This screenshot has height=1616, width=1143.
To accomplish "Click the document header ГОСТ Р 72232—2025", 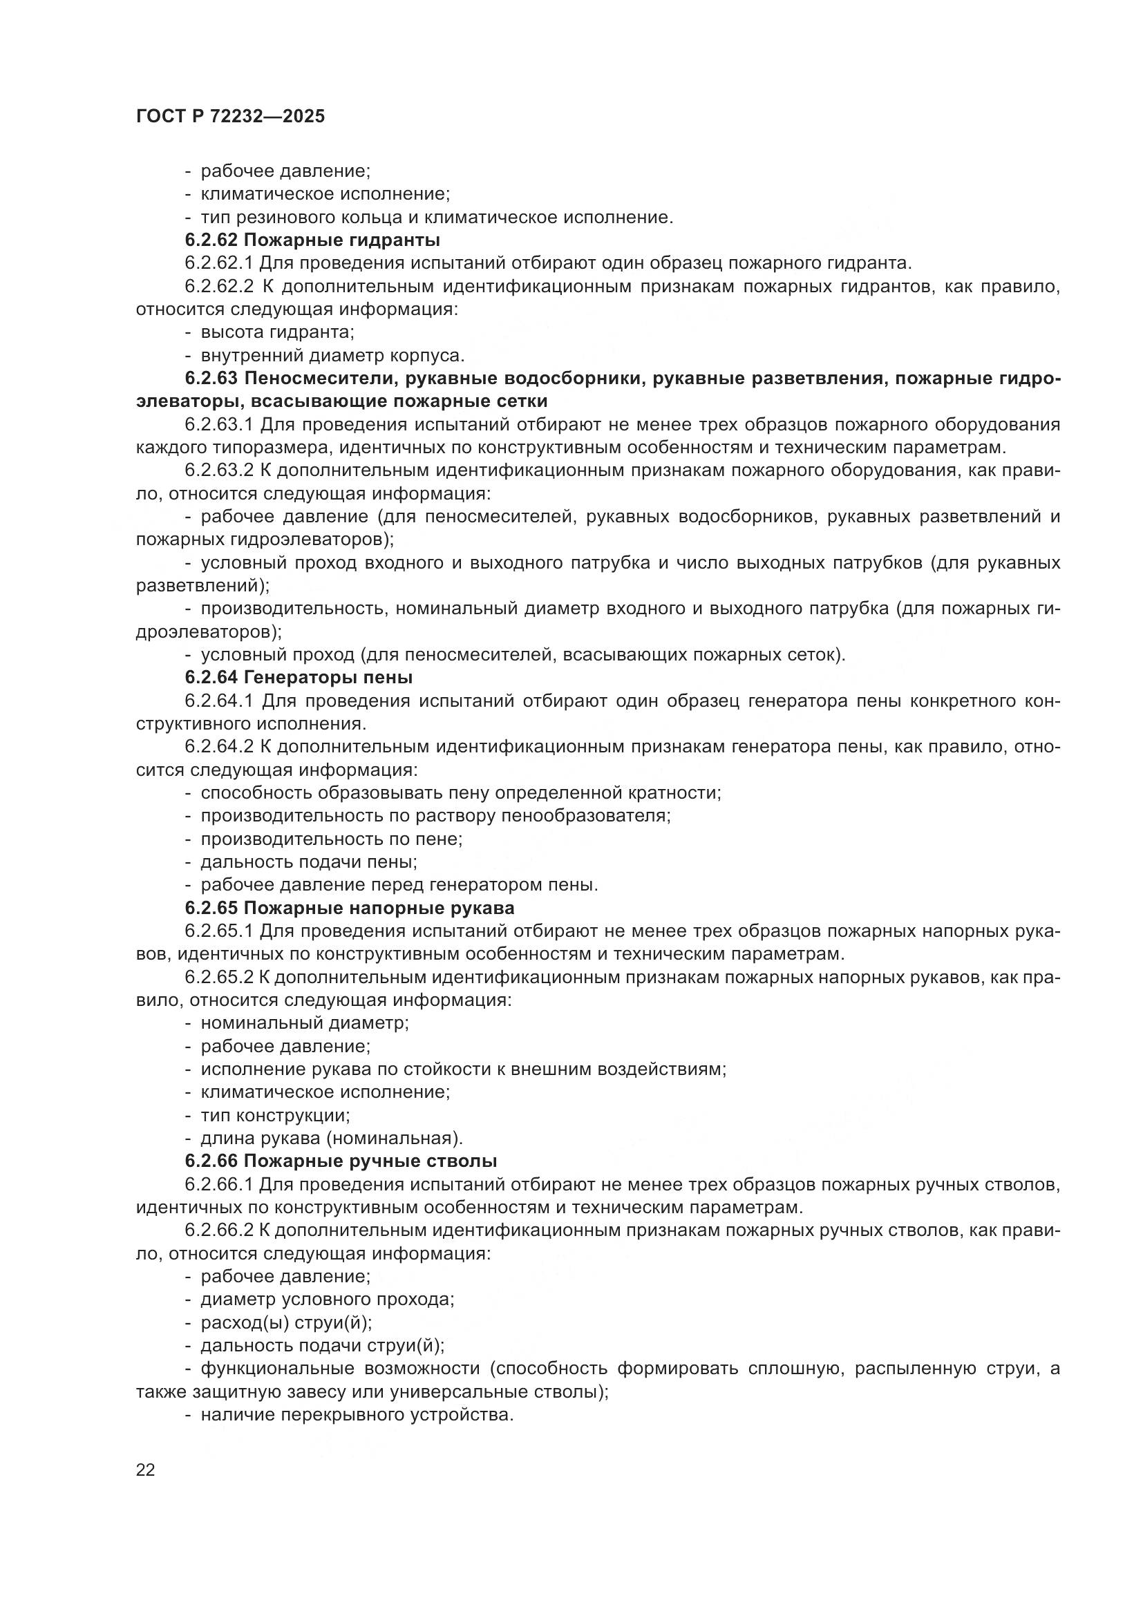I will [230, 116].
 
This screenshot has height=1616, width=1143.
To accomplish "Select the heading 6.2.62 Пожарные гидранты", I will [312, 240].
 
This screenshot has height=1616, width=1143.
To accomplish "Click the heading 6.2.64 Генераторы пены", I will [299, 677].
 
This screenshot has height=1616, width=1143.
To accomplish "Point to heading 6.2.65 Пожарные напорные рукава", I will [349, 907].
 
